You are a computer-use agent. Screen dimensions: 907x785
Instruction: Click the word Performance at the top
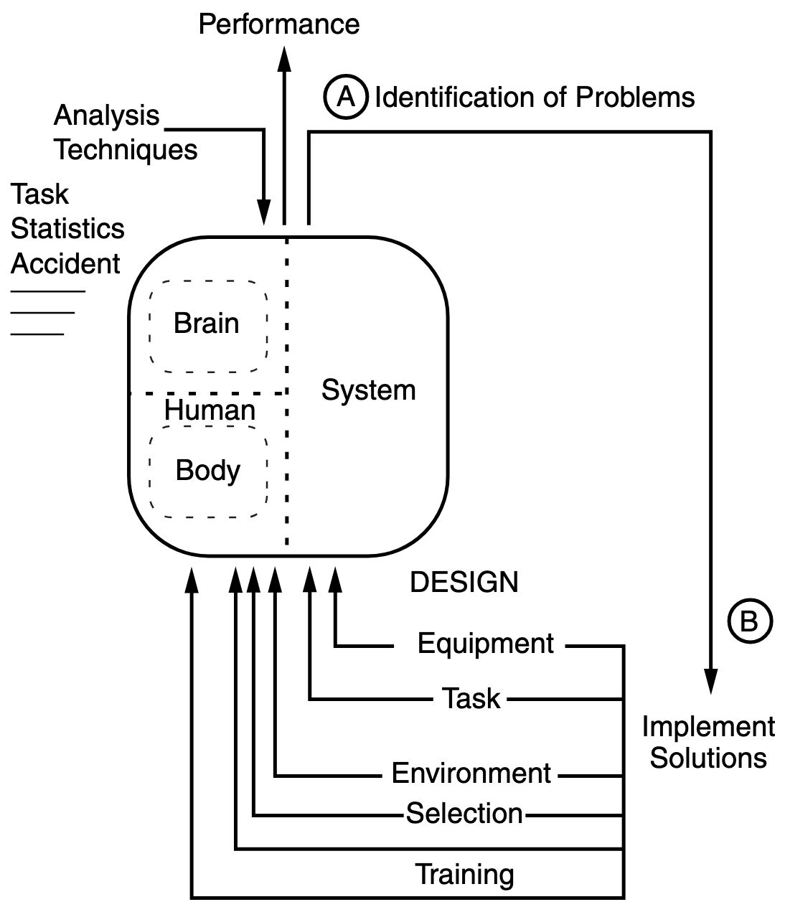[278, 24]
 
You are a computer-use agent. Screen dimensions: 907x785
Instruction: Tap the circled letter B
[749, 621]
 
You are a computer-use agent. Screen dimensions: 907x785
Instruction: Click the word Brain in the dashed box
[207, 324]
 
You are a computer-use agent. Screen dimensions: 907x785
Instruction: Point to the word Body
[208, 471]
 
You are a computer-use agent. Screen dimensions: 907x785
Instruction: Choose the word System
[368, 390]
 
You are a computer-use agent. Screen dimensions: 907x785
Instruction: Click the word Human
[210, 411]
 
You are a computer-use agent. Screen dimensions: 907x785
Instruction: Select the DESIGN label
[464, 582]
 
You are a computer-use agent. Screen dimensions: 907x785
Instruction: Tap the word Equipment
[486, 644]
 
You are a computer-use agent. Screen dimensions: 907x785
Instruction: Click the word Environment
[471, 774]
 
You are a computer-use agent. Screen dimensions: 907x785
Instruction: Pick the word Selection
[464, 814]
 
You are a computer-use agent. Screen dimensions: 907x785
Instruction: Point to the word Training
[464, 875]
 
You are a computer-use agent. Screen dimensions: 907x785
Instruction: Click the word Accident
[65, 264]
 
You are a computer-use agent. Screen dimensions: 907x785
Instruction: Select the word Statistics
[67, 229]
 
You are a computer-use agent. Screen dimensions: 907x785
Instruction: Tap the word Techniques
[126, 150]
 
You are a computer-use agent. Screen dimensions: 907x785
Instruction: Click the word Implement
[708, 727]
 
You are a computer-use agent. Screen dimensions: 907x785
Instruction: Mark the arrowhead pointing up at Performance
[285, 57]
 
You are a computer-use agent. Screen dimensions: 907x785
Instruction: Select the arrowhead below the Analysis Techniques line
[264, 213]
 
